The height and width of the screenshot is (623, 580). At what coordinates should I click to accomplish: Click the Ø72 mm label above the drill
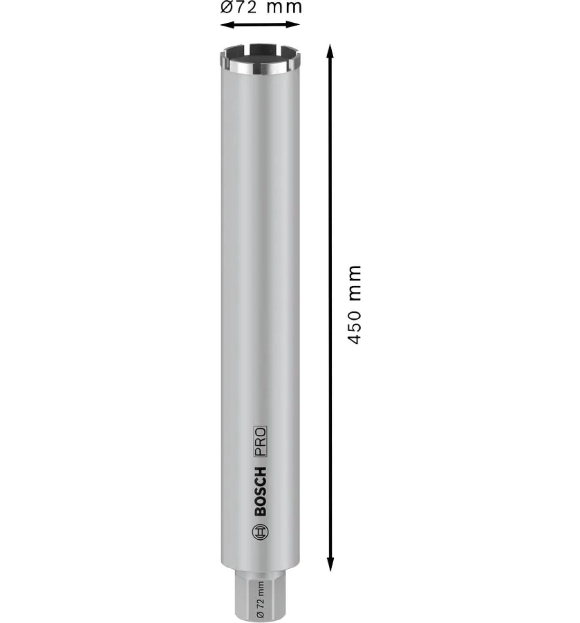click(261, 7)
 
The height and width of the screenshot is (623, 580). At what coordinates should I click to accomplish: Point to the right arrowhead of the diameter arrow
click(293, 24)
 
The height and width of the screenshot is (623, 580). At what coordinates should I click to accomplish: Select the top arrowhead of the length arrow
click(329, 51)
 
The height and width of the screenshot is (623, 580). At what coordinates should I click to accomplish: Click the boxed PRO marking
click(260, 442)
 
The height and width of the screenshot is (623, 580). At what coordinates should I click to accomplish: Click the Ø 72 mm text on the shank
click(261, 600)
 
